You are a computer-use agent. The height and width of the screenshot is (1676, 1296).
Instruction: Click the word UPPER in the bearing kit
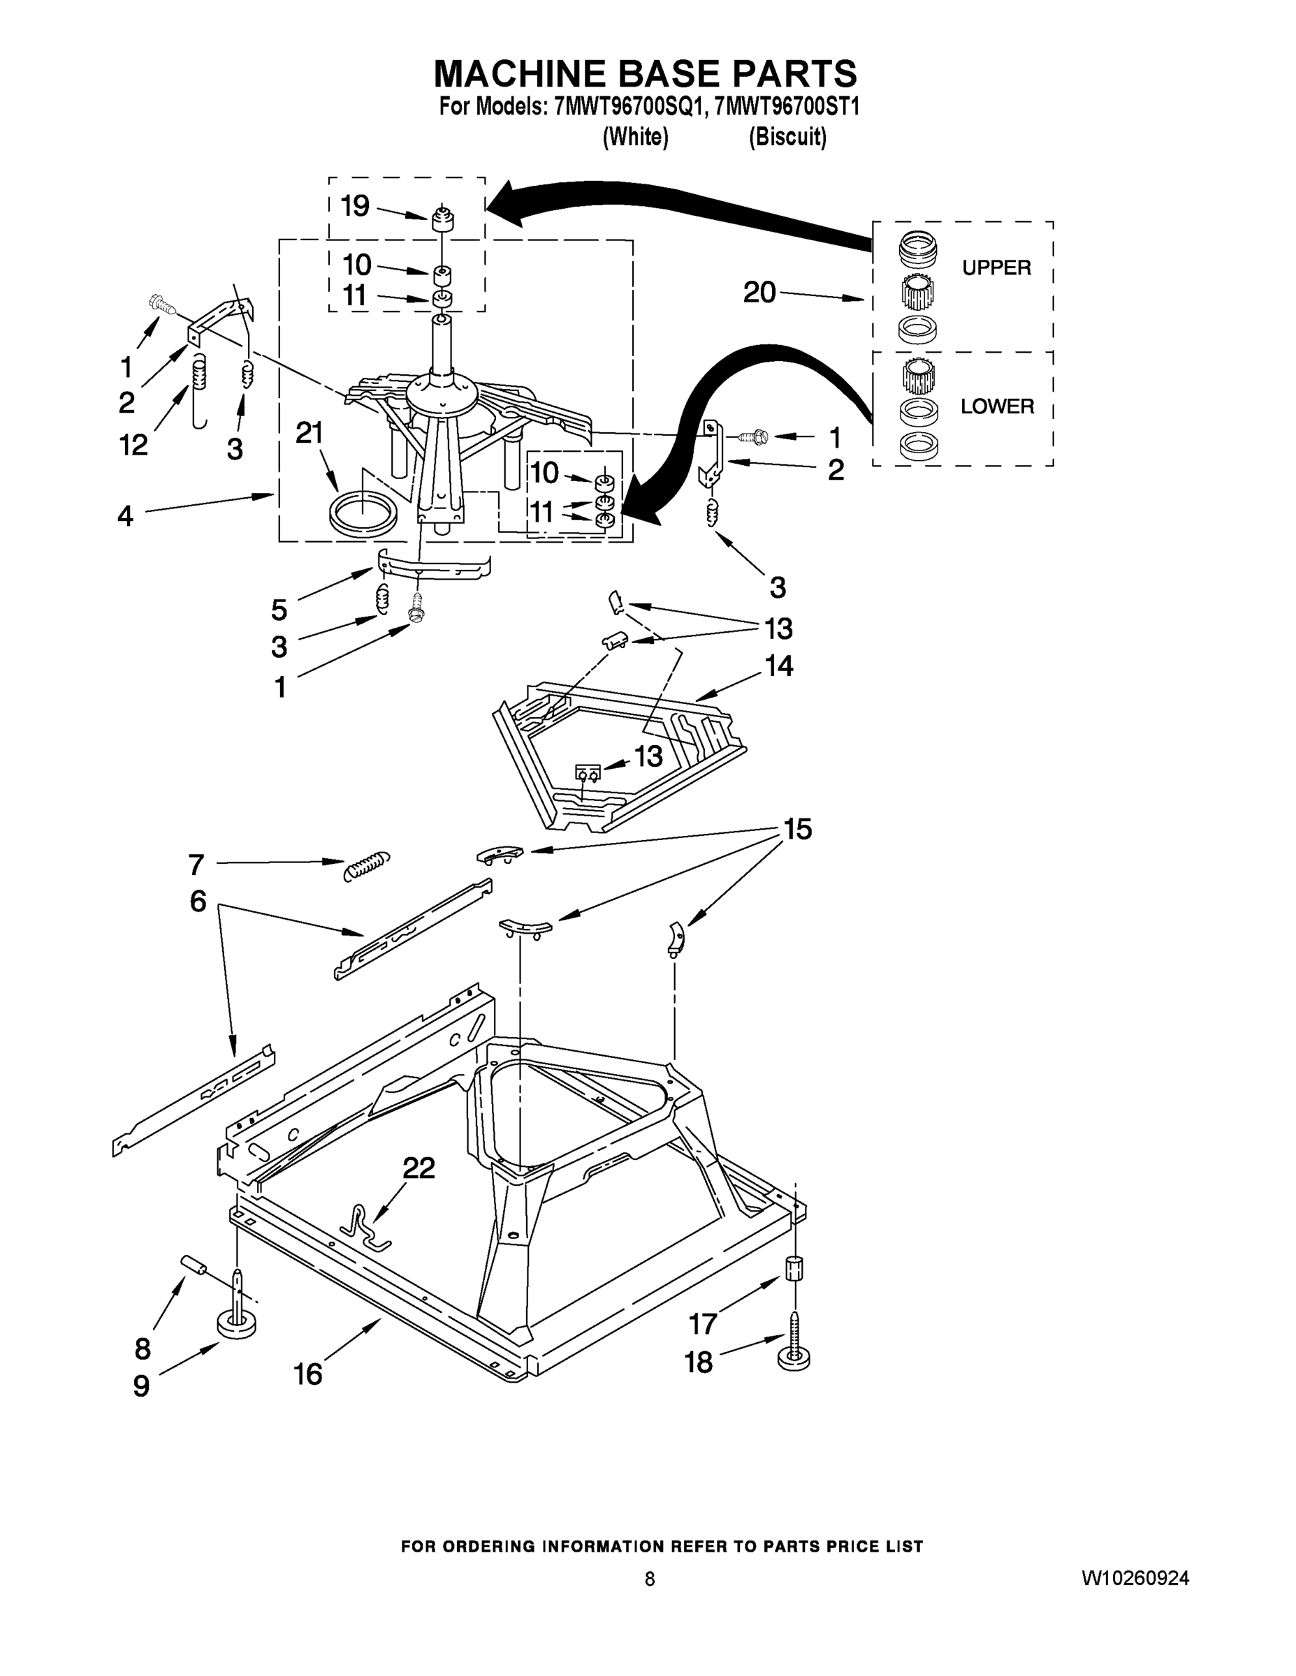(996, 268)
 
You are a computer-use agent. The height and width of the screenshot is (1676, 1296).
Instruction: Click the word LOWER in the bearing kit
(996, 406)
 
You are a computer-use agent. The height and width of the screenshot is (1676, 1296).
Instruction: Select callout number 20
(759, 293)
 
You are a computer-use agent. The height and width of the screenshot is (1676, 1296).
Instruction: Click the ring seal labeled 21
(363, 512)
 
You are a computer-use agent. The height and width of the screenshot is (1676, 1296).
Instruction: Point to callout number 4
(125, 515)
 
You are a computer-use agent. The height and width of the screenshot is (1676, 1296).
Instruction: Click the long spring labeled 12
(199, 388)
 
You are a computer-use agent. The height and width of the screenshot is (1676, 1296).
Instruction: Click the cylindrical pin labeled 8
(192, 1265)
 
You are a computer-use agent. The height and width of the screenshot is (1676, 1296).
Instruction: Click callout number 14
(779, 666)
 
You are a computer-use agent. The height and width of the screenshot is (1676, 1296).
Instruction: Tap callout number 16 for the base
(308, 1374)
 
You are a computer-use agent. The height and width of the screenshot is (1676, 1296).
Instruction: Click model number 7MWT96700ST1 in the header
(786, 107)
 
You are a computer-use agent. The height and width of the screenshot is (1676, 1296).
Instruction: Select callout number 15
(798, 830)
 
